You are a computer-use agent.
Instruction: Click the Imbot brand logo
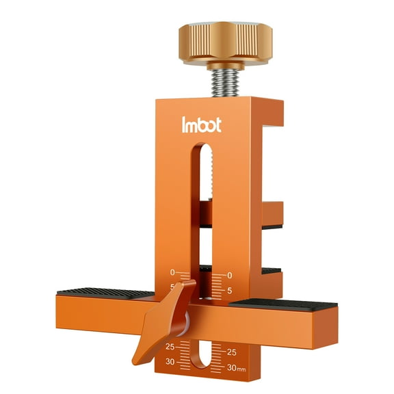tap(202, 126)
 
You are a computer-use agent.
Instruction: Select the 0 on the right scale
tap(229, 275)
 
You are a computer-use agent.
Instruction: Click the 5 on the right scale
tap(230, 290)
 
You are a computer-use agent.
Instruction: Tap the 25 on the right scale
tap(231, 353)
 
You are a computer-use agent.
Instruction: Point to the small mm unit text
tap(241, 370)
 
